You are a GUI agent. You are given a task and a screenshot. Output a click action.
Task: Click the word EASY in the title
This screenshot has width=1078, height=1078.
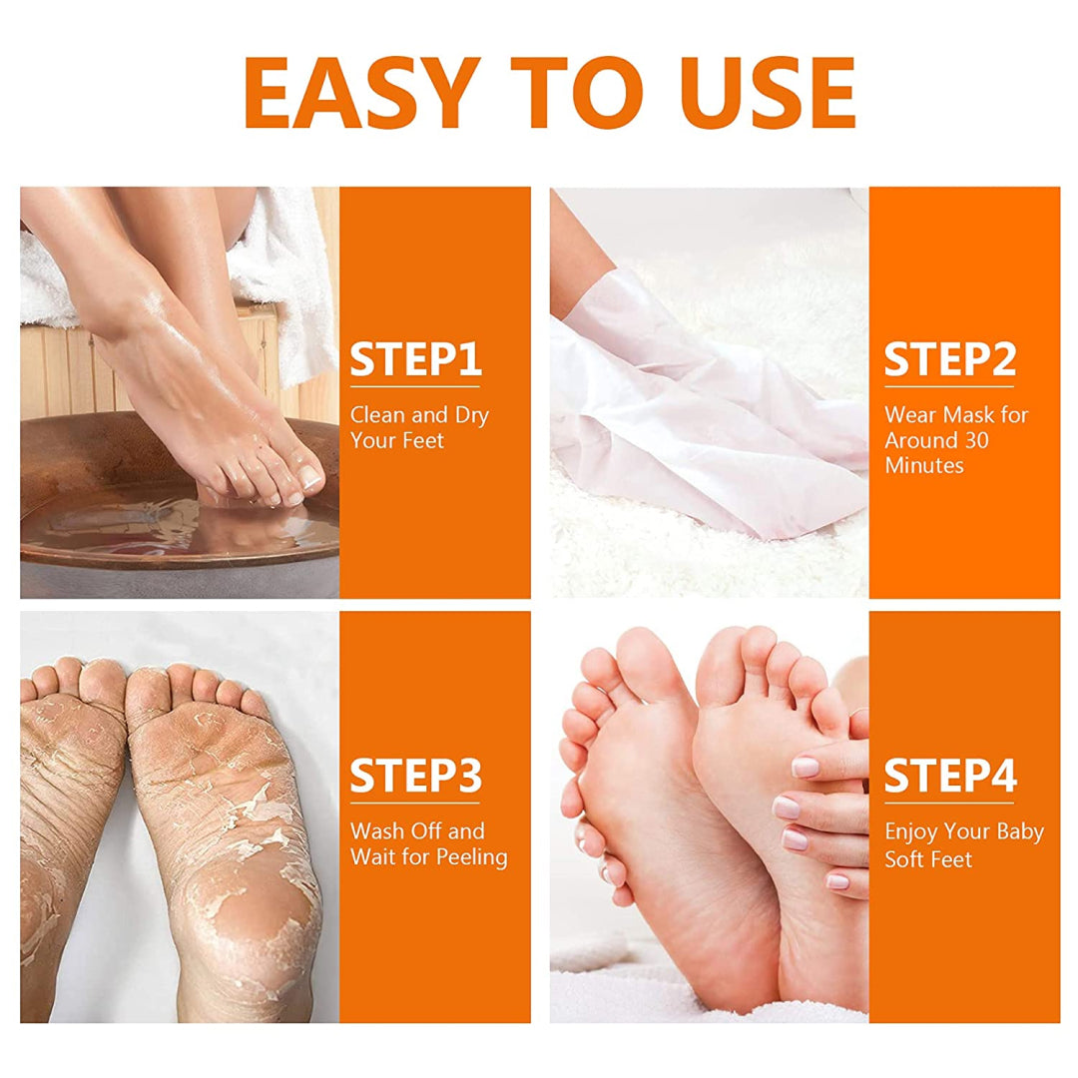(x=357, y=92)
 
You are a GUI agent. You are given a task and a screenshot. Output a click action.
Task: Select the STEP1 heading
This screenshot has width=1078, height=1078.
(x=415, y=361)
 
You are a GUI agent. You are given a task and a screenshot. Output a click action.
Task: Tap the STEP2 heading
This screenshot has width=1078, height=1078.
(x=949, y=361)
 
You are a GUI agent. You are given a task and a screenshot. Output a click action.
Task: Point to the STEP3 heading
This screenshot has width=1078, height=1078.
(x=415, y=778)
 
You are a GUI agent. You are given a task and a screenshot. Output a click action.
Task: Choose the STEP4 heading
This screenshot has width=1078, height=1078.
(x=949, y=778)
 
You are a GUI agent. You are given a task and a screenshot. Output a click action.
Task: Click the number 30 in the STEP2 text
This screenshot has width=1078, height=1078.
(x=976, y=440)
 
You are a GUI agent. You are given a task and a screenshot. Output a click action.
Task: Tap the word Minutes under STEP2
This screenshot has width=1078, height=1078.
(x=923, y=466)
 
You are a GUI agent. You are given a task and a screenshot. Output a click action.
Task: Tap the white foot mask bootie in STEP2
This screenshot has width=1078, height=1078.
(x=699, y=419)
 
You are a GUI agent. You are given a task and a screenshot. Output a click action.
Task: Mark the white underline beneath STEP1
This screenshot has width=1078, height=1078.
(x=415, y=386)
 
